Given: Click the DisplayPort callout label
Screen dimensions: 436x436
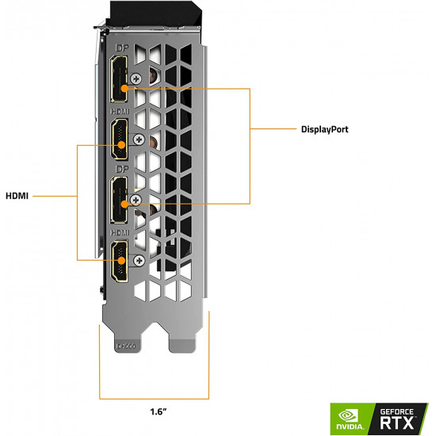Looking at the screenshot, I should tap(325, 128).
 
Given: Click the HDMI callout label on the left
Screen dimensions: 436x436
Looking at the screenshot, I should tap(17, 196).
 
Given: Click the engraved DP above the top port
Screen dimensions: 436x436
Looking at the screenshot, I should tap(120, 49).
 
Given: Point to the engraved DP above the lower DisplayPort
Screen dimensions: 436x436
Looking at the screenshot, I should tap(120, 170).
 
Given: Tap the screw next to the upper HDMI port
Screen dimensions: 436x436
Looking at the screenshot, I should tap(140, 139).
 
